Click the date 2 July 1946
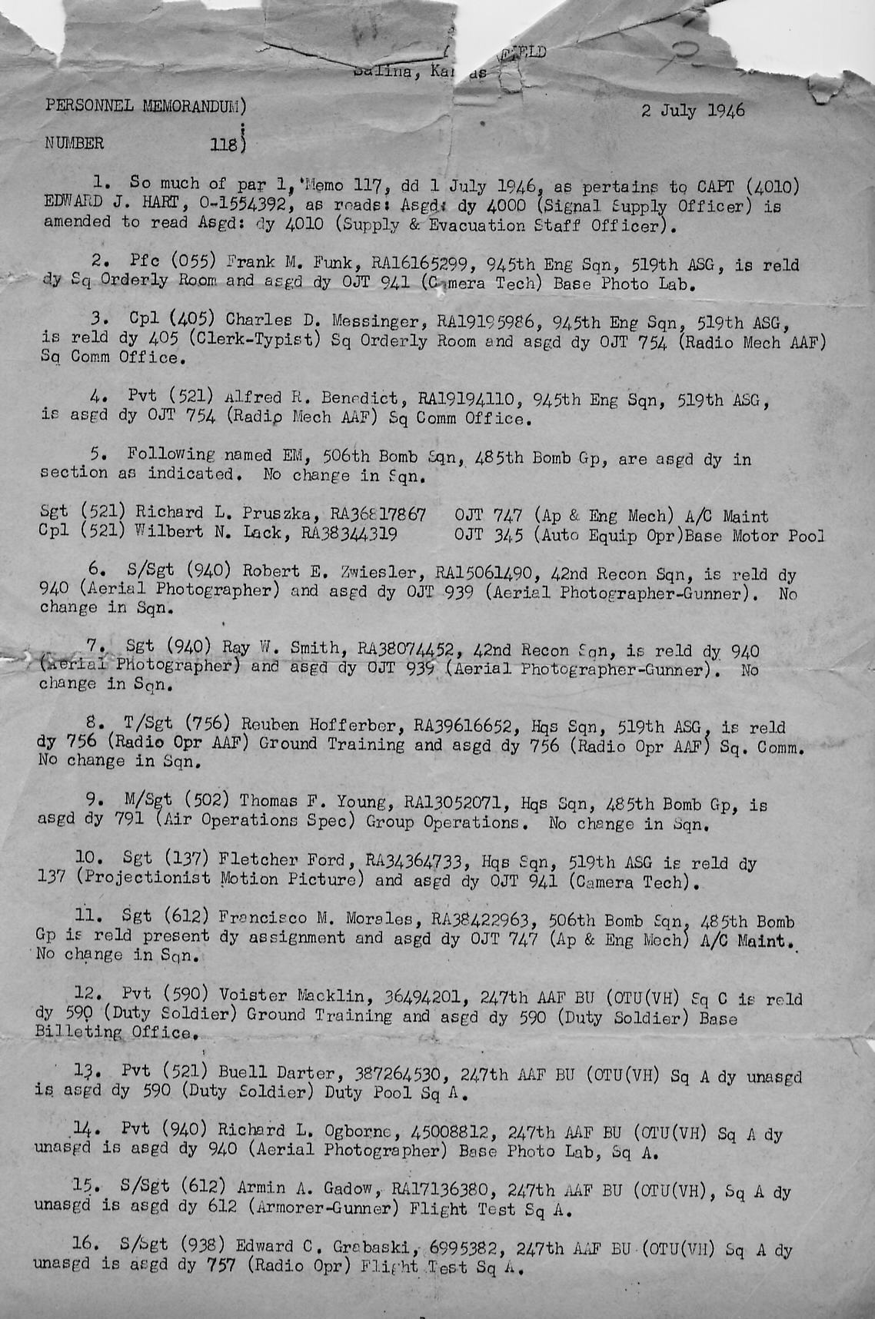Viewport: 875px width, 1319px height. (692, 110)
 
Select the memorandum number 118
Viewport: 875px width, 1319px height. (226, 143)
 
